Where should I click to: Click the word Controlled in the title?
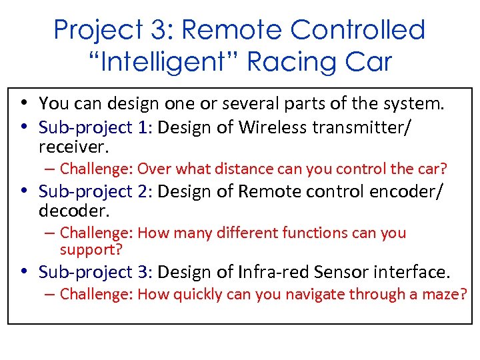pos(360,30)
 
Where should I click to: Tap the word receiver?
pos(73,145)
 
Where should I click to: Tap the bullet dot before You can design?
pos(23,104)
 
